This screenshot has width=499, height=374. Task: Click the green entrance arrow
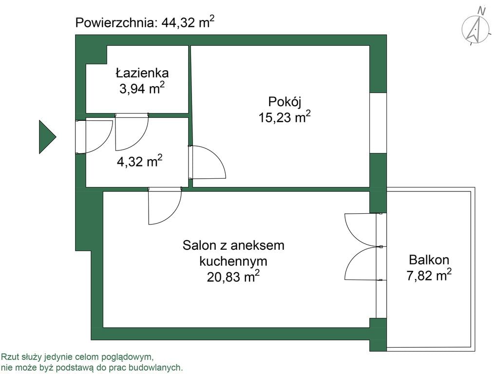[47, 137]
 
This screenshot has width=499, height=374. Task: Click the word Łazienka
[142, 73]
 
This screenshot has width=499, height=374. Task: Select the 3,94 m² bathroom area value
[142, 88]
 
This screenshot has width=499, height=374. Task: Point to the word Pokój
[285, 102]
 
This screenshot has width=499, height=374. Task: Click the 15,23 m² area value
[285, 117]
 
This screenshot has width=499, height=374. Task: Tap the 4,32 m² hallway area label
[140, 161]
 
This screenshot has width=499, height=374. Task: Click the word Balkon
[429, 260]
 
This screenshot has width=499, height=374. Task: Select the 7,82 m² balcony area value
[429, 275]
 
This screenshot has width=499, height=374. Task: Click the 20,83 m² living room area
[233, 276]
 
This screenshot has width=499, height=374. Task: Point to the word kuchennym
[233, 261]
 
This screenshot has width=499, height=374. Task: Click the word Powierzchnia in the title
[116, 23]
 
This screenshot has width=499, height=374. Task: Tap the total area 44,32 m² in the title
[188, 22]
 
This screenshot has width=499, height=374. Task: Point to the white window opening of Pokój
[378, 123]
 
